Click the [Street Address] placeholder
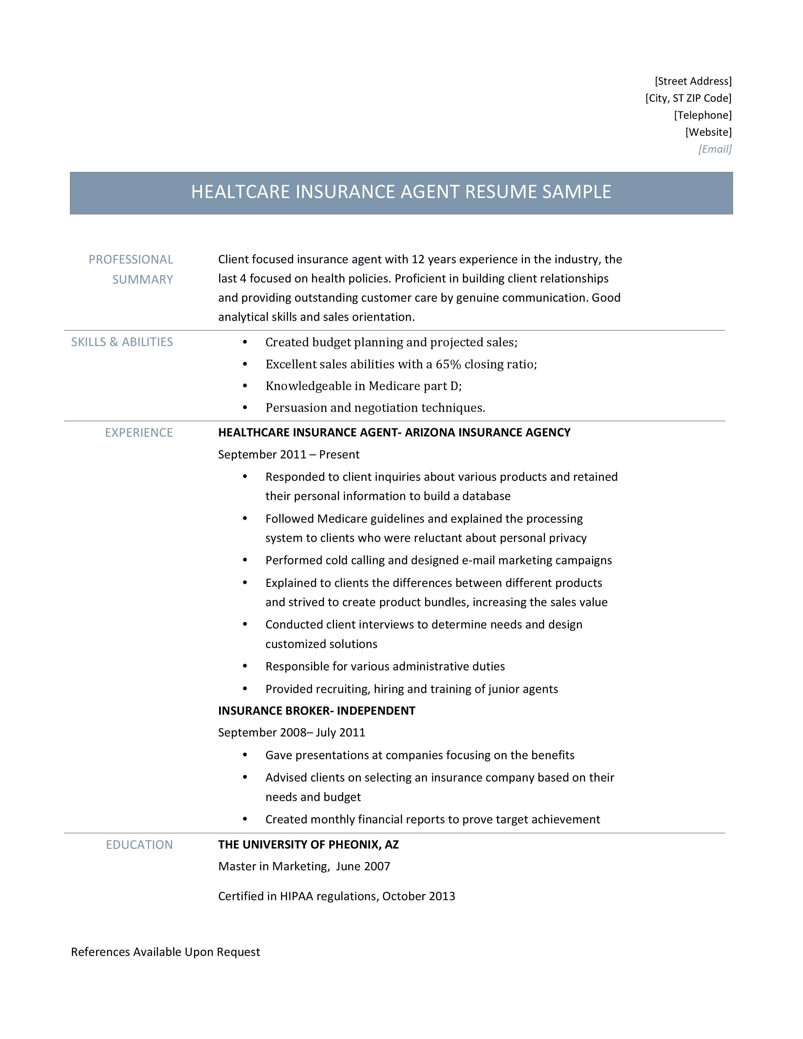click(693, 81)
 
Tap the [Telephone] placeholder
click(703, 115)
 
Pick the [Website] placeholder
click(708, 132)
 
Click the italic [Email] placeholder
click(715, 149)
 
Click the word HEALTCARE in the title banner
click(240, 192)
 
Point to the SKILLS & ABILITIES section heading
click(122, 342)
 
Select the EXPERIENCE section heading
click(139, 432)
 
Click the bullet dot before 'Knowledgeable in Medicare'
click(245, 386)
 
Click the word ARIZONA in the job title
click(430, 432)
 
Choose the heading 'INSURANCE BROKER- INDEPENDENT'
click(316, 711)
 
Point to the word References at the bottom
click(100, 951)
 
